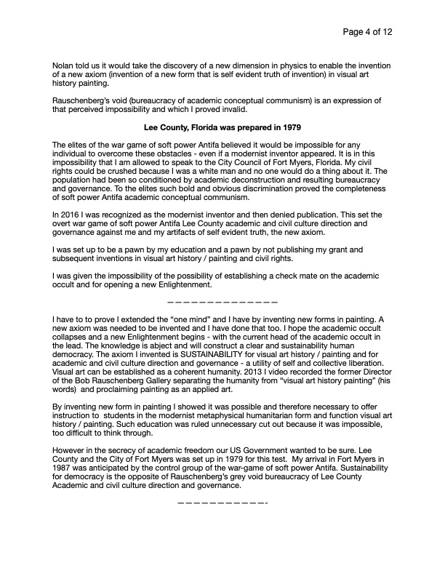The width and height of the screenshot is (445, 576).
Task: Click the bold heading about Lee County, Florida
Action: click(222, 127)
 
